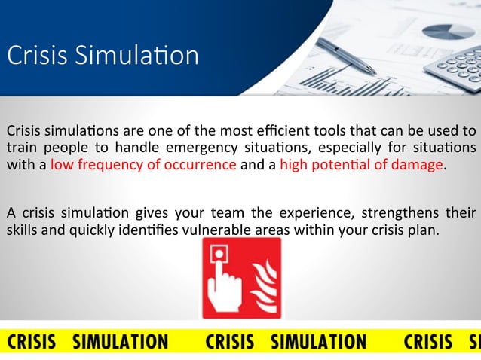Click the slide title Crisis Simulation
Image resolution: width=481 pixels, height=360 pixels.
click(x=103, y=56)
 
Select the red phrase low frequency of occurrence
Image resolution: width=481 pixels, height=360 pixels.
click(x=143, y=166)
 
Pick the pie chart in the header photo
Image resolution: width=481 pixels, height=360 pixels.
click(x=448, y=31)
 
